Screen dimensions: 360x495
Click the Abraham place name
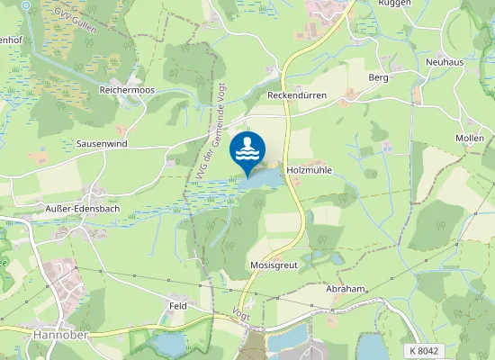click(346, 290)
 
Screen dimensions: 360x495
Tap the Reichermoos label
click(129, 91)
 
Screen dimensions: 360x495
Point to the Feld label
click(177, 307)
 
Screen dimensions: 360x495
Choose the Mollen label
click(470, 138)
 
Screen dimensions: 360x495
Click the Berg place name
click(378, 78)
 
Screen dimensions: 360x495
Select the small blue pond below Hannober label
click(169, 344)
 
